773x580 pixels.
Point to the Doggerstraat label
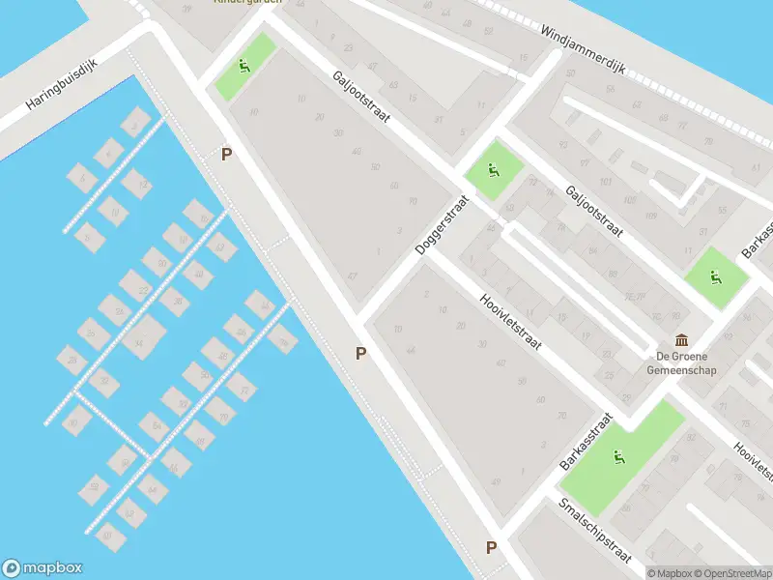coord(441,225)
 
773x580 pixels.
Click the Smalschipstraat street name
coord(595,531)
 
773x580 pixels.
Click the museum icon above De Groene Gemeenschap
coord(683,340)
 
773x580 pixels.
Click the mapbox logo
coord(43,568)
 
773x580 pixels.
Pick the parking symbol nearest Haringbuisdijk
coord(227,154)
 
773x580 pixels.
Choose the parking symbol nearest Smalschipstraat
coord(491,548)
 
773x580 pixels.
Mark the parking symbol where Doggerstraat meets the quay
coord(360,354)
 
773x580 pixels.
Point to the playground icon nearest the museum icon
coord(716,278)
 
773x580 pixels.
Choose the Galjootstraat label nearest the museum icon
coord(594,212)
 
